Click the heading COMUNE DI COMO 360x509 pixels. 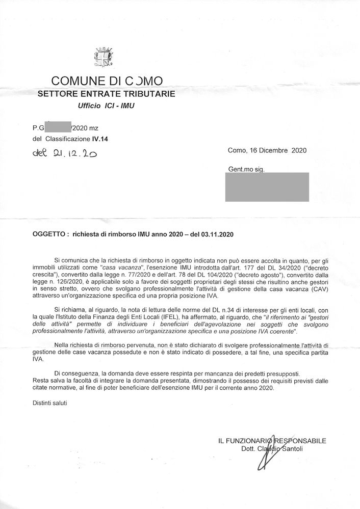tap(107, 81)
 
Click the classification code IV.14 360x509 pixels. tap(99, 138)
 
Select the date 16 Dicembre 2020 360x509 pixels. tap(279, 150)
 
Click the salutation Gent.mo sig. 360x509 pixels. tap(246, 169)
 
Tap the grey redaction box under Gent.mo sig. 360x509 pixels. tap(267, 186)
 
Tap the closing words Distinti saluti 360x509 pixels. tap(49, 403)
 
